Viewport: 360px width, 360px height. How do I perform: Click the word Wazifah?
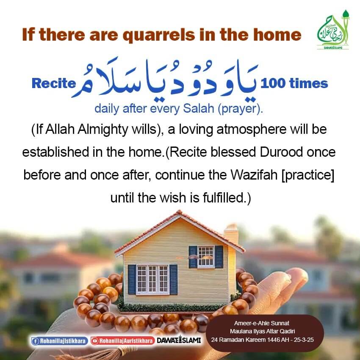(241, 174)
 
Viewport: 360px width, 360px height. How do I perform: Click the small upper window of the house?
(205, 256)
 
